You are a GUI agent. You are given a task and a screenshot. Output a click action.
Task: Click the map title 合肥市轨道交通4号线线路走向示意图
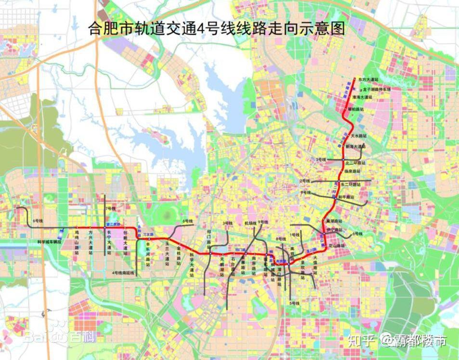[217, 29]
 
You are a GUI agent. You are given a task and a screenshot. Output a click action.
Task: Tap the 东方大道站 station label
[366, 79]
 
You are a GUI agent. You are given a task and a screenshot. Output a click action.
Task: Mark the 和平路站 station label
[346, 197]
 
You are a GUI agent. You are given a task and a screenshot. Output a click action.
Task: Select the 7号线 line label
[110, 208]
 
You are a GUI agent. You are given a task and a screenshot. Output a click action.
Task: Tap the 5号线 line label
[295, 303]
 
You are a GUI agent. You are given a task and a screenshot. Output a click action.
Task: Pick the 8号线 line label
[280, 239]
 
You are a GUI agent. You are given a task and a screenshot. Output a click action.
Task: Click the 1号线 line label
[294, 234]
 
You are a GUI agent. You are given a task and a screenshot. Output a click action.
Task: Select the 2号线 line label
[304, 180]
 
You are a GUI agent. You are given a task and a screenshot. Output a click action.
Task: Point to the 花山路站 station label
[337, 245]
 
